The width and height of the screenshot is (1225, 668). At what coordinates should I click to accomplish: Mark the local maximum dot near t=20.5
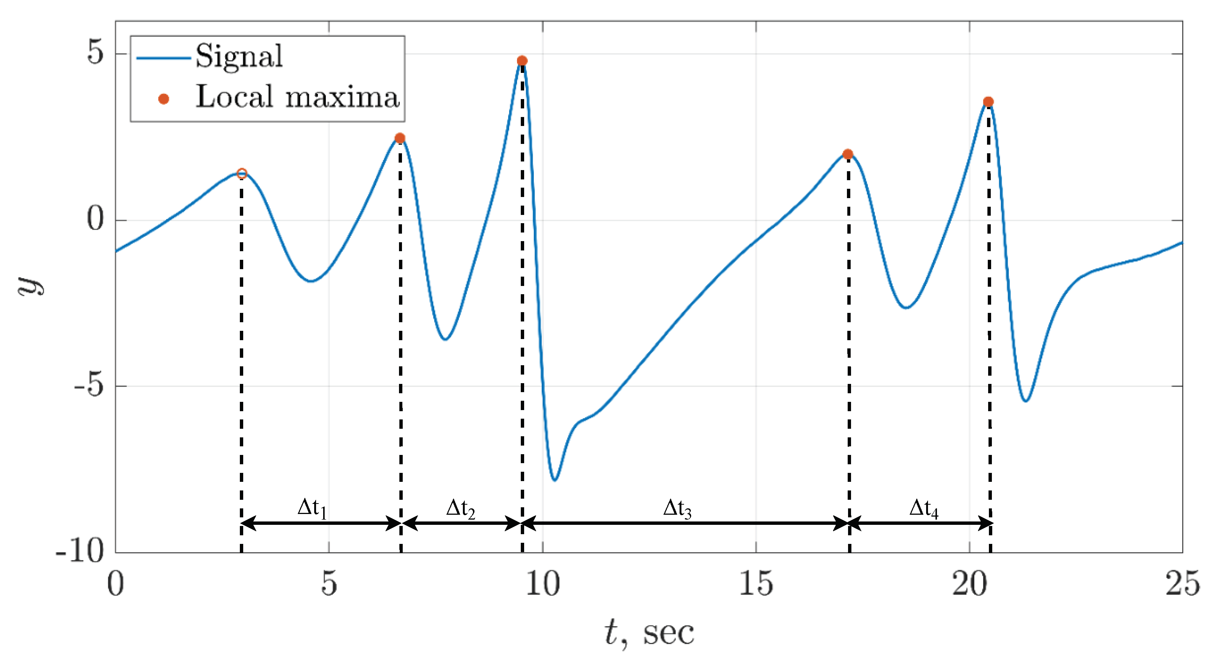pos(989,102)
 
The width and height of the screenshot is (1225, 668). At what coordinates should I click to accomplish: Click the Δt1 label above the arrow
pos(312,508)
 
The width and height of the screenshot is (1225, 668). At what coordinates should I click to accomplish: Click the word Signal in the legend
pos(239,56)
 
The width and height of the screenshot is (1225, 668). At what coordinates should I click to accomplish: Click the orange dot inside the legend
pos(164,99)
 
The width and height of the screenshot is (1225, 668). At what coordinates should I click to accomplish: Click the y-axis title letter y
pos(30,286)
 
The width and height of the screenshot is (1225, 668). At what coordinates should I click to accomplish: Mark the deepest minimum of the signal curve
pos(554,480)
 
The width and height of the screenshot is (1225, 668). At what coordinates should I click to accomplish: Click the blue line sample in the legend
pos(164,58)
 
